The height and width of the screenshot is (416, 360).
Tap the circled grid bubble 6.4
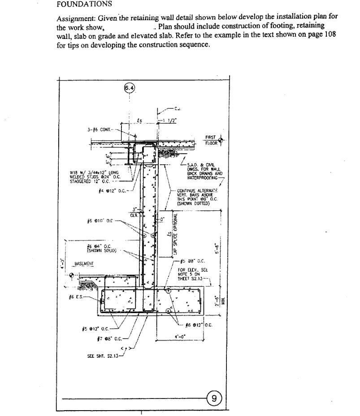point(129,88)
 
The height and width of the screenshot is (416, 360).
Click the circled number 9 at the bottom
point(214,397)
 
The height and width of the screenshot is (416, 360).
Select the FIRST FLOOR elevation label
point(211,140)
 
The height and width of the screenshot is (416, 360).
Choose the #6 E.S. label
point(76,297)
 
